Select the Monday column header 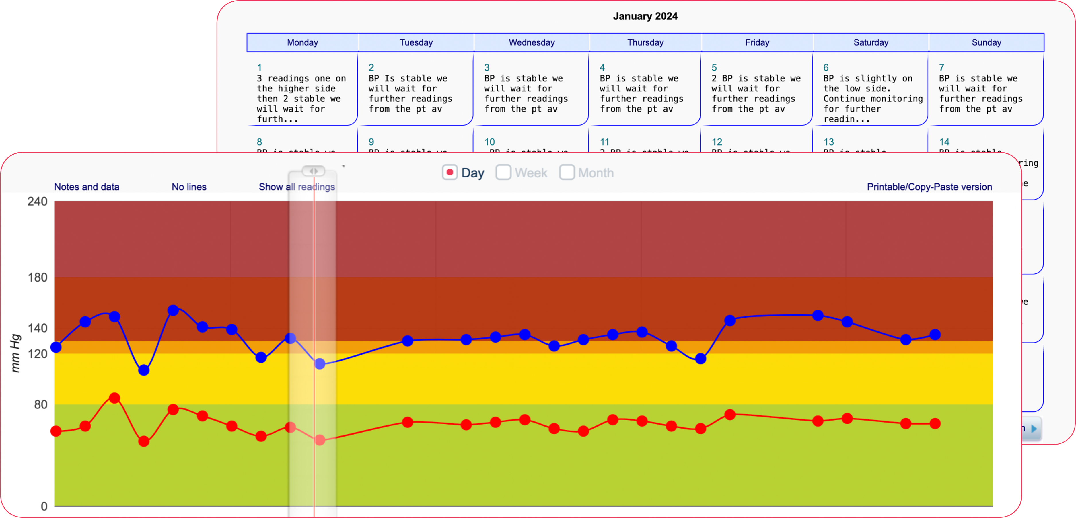point(302,43)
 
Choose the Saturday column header point(871,43)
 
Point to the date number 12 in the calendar point(717,142)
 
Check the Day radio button point(450,172)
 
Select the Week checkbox point(503,172)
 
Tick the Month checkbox point(567,172)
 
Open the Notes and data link point(86,187)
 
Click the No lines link point(189,187)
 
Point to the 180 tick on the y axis point(38,277)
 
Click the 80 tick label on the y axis point(40,404)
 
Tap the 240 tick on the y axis point(38,202)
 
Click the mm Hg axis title point(15,353)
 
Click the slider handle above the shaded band point(313,171)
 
